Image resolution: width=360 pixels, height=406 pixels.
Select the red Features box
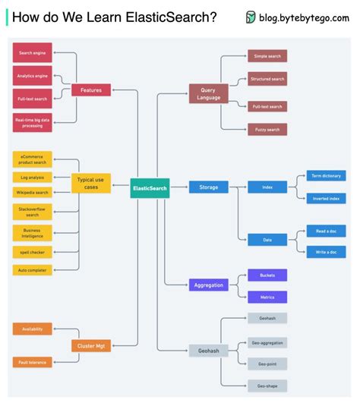tap(91, 90)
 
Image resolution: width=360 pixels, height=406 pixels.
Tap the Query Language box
tap(209, 93)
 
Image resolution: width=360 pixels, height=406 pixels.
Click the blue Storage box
tap(209, 187)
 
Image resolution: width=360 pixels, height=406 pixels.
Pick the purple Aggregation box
tap(209, 285)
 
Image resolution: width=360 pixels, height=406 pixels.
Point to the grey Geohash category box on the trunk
tap(209, 351)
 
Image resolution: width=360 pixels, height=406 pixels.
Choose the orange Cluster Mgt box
tap(91, 345)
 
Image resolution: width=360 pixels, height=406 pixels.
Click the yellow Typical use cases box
tap(91, 183)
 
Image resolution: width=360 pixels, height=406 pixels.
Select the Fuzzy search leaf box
tap(267, 130)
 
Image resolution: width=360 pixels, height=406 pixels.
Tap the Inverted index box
tap(326, 198)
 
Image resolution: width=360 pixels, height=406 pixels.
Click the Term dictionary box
tap(326, 175)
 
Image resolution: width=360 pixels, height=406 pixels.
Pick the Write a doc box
tap(326, 252)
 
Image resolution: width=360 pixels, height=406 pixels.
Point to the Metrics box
tap(267, 296)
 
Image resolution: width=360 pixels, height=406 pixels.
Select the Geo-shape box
tap(267, 386)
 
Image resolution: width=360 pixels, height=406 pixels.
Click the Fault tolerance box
tap(33, 362)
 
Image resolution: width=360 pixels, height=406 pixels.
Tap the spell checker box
tap(33, 251)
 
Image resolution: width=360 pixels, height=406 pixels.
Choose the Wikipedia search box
tap(33, 193)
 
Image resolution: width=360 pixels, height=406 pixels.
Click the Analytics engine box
tap(33, 76)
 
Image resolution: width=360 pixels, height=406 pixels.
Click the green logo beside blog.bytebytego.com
tap(251, 17)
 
